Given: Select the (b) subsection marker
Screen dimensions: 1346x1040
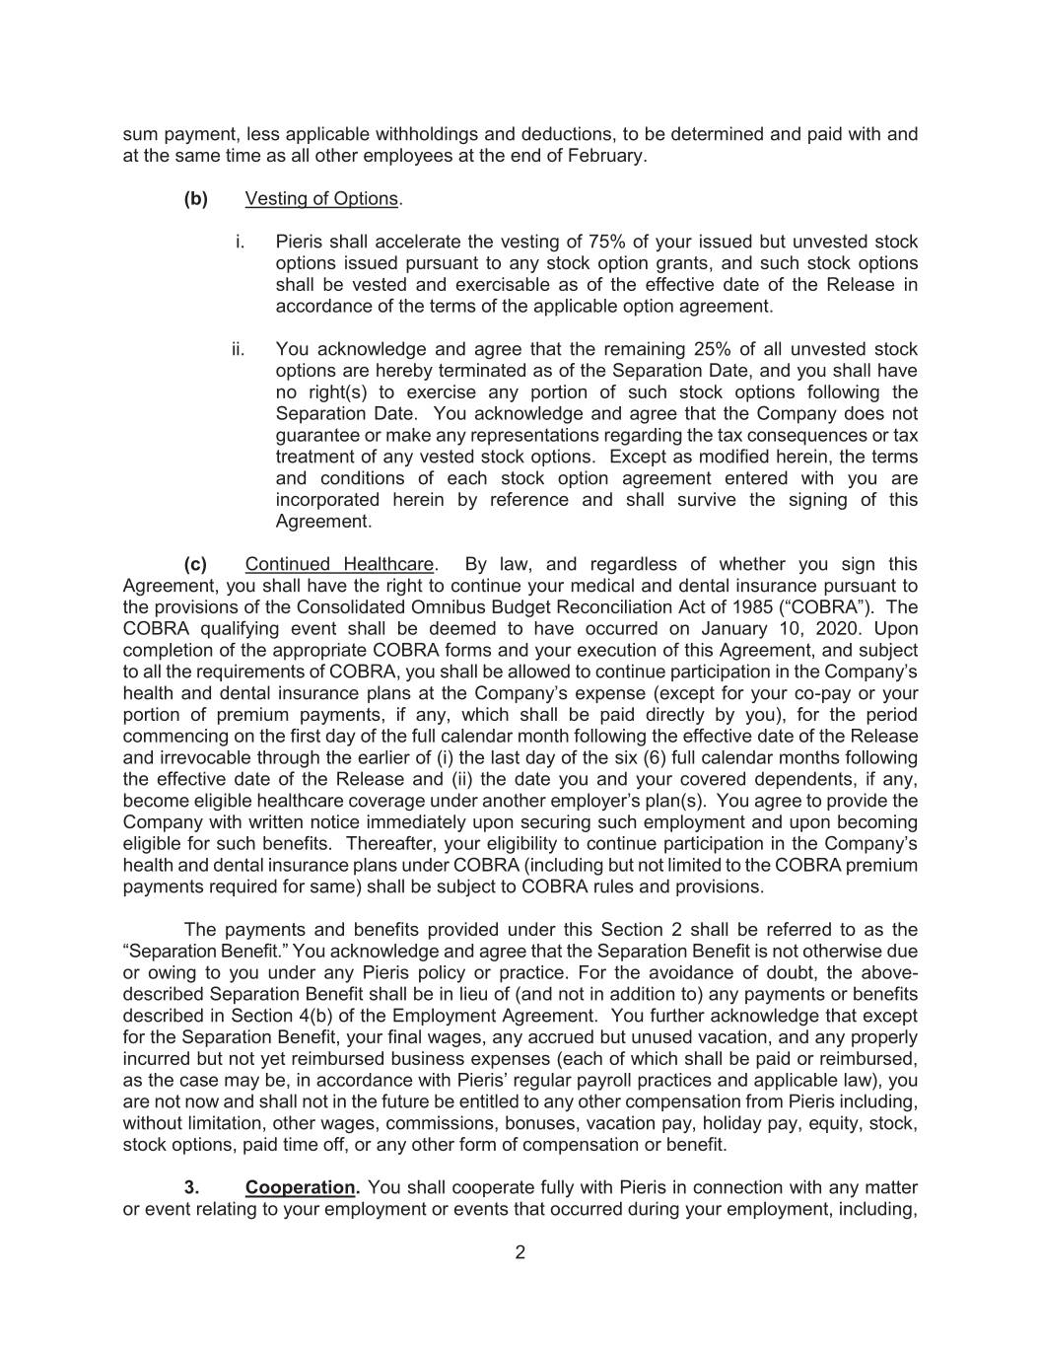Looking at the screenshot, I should click(x=195, y=198).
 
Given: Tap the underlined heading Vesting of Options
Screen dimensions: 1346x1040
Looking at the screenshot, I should click(x=321, y=198).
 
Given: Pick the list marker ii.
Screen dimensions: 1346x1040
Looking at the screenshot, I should click(x=238, y=349).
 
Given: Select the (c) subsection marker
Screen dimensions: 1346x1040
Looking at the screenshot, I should click(x=195, y=564).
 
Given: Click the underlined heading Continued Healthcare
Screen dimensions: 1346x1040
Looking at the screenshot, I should click(x=339, y=564).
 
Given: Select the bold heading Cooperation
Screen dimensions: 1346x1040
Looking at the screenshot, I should click(x=302, y=1188).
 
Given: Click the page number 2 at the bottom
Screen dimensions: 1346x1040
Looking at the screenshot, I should click(x=520, y=1253).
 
